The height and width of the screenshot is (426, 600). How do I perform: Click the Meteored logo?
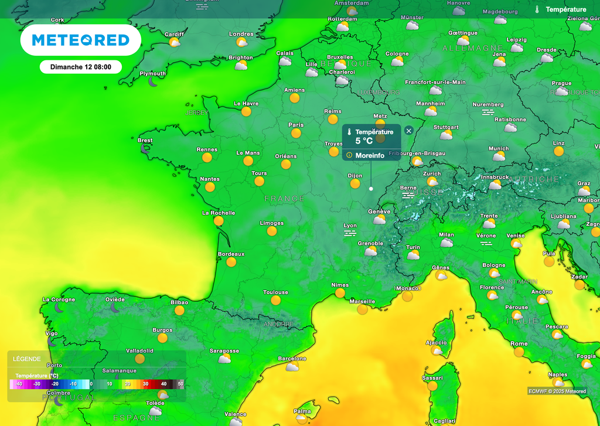click(x=80, y=40)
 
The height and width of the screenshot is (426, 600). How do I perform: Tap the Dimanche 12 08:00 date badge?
click(x=81, y=67)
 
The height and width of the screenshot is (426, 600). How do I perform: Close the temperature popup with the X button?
click(x=409, y=131)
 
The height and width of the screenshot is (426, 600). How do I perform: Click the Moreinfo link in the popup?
click(x=370, y=155)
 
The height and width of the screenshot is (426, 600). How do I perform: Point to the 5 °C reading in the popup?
click(x=364, y=141)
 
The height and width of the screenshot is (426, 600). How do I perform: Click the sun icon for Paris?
click(x=296, y=133)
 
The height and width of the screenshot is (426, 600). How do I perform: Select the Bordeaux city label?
click(x=231, y=254)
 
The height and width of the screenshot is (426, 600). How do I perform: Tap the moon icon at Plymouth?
click(x=153, y=82)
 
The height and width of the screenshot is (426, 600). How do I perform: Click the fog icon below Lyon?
click(x=350, y=233)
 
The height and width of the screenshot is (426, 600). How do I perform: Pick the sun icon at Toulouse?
click(x=275, y=300)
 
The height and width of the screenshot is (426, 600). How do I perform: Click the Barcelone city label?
click(x=292, y=358)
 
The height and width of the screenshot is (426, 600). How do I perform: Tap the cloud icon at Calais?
click(x=285, y=61)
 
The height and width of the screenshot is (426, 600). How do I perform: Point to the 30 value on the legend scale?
click(x=145, y=384)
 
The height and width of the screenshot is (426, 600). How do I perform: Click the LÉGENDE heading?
click(x=27, y=359)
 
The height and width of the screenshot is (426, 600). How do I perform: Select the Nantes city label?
click(x=210, y=179)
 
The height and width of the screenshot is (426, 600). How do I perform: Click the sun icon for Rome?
click(x=519, y=352)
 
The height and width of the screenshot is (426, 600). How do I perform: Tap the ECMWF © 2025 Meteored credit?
click(x=557, y=391)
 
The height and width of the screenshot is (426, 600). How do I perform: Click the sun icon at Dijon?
click(x=355, y=183)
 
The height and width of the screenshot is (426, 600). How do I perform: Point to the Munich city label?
click(x=499, y=148)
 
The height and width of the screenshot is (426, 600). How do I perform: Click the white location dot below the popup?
click(x=371, y=189)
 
